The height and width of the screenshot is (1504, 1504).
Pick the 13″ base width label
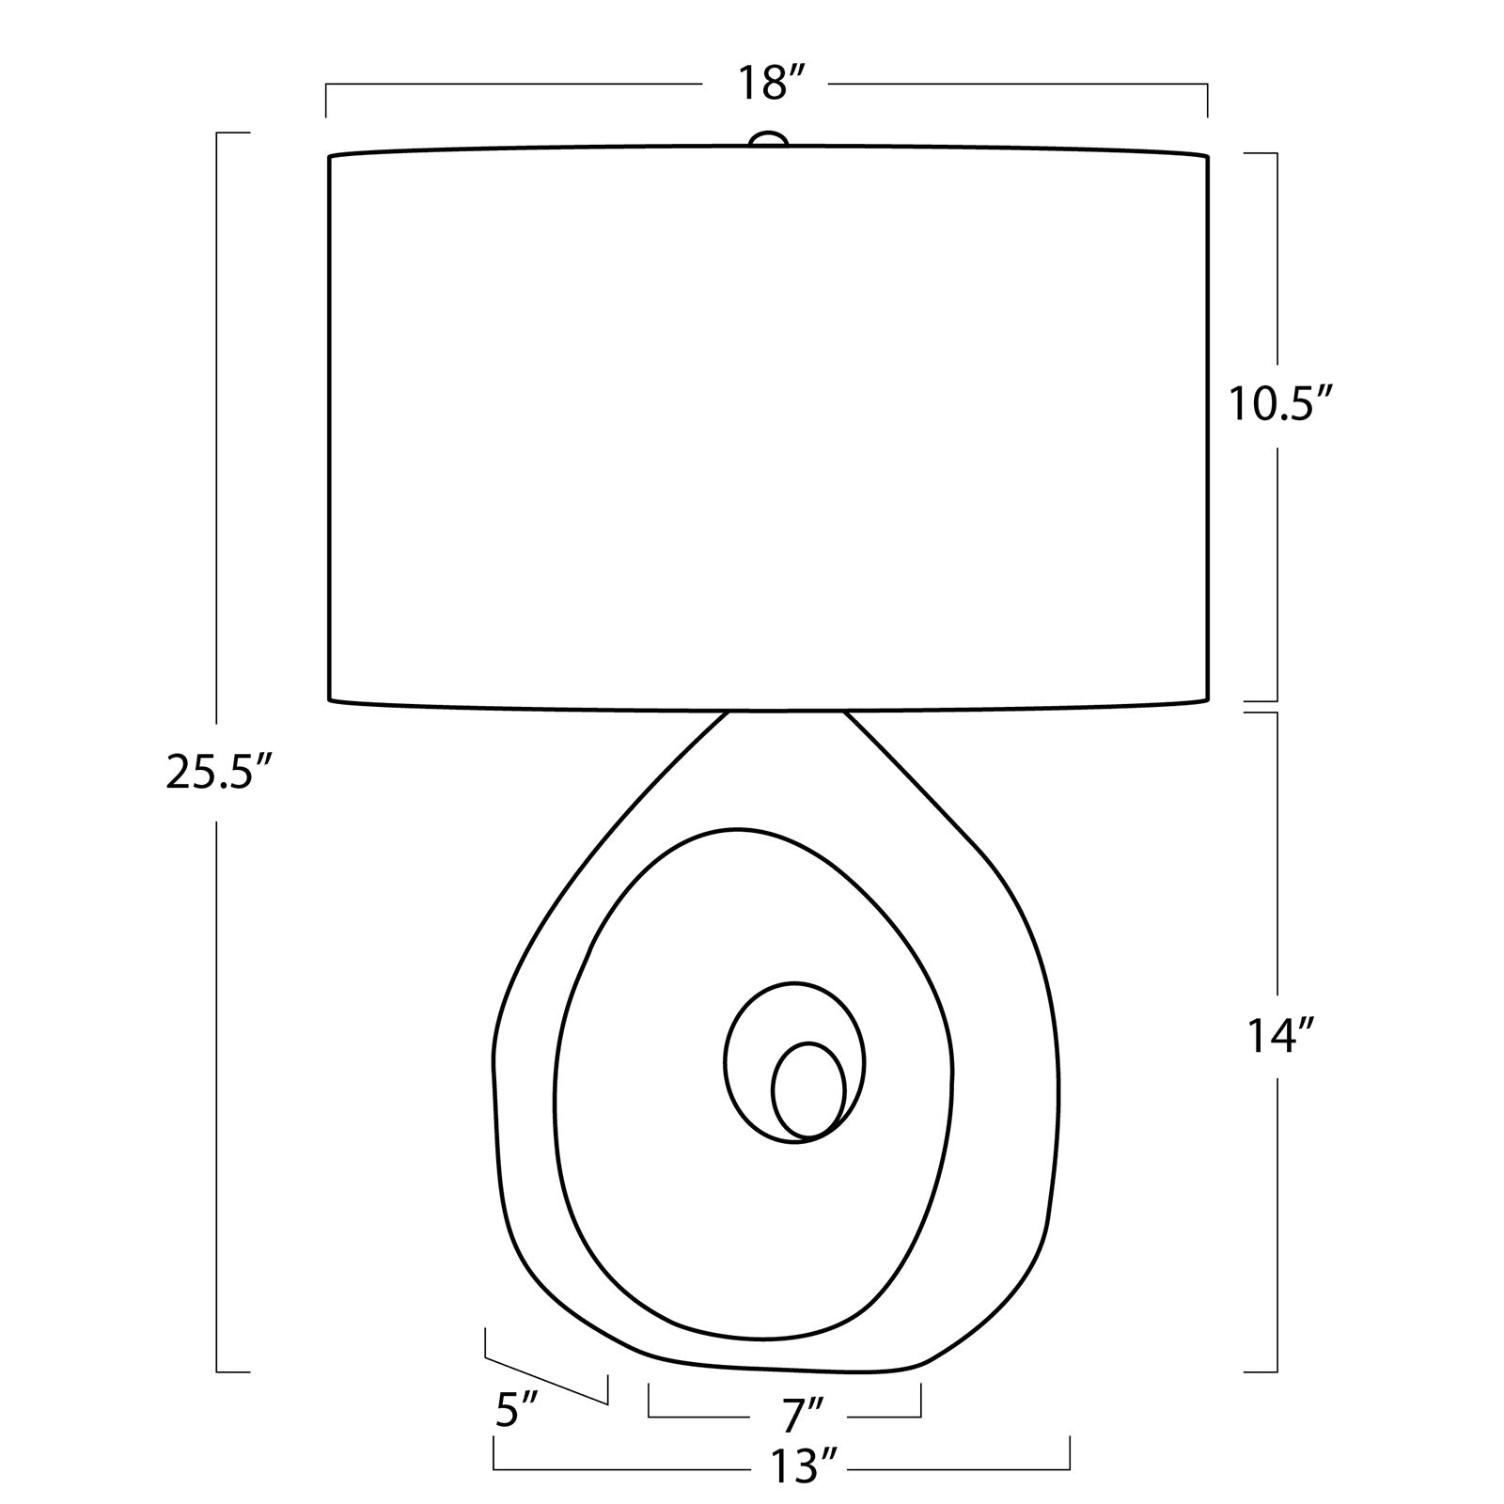click(x=803, y=1465)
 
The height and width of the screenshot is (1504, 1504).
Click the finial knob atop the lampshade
click(x=768, y=139)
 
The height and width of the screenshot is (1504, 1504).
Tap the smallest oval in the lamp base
click(x=808, y=1089)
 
